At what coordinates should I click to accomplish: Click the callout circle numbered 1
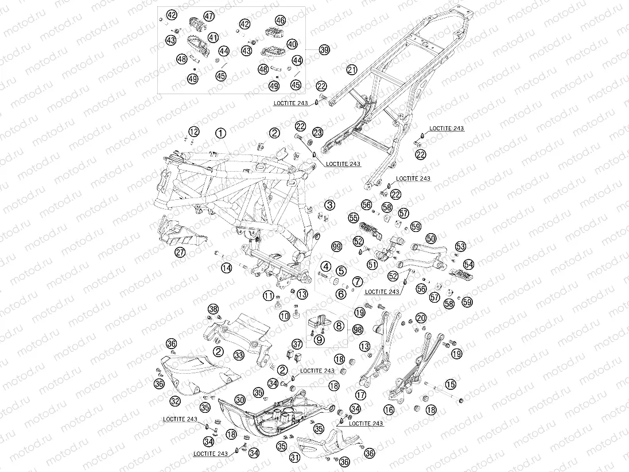220,133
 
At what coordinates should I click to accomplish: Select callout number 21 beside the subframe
352,69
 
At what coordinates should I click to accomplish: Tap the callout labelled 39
324,50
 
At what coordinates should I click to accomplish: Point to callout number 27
180,252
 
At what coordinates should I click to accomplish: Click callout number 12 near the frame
193,133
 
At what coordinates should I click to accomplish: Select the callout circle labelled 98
358,330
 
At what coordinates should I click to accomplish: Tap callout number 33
239,355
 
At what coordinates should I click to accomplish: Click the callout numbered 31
295,457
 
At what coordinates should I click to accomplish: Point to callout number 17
360,395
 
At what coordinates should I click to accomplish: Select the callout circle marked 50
431,238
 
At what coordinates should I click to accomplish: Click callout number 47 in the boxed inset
208,16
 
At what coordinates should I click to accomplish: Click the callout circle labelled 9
320,339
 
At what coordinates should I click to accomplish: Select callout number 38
213,310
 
